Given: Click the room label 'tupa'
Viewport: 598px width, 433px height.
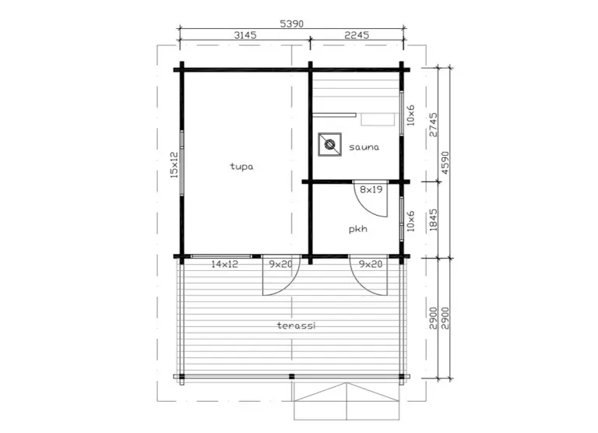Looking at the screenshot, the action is coord(241,167).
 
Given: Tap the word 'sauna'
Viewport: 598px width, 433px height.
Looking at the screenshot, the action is coord(364,147).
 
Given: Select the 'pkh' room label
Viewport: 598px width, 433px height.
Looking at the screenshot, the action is coord(358,229).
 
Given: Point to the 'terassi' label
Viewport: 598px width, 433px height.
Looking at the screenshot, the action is coord(297,326).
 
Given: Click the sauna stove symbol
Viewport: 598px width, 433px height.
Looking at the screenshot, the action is coord(329,145).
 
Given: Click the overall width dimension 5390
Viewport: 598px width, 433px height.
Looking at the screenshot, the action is coord(292,23).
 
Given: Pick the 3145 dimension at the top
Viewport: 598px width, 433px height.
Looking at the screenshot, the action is coord(244,35).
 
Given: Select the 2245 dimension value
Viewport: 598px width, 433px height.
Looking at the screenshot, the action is coord(357,35).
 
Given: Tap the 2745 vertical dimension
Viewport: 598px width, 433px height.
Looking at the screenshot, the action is coord(434,125).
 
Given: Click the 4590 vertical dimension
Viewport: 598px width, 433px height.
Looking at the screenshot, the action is coord(445,163).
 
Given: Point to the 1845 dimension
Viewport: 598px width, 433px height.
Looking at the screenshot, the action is coord(434,220).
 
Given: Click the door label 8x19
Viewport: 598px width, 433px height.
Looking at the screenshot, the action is coord(371,189).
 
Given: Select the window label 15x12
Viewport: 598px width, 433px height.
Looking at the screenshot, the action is coord(174,165).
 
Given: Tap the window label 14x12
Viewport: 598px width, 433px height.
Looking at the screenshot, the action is coord(224,264).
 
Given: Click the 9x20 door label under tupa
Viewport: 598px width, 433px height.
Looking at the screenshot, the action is coord(280,264).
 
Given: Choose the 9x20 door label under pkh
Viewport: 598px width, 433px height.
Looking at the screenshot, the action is coord(371,264).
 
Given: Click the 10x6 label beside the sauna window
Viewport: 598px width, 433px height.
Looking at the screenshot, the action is coord(410,115).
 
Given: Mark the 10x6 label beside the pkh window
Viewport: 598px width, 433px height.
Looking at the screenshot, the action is coord(410,221).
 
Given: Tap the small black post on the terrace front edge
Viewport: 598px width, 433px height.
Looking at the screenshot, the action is coord(292,376).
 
